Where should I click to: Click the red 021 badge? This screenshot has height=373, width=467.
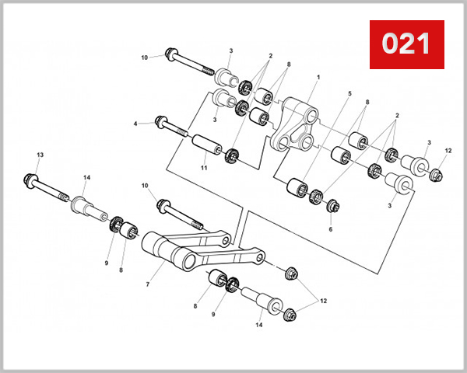coord(406,44)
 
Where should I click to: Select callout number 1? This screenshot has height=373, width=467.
coord(318,78)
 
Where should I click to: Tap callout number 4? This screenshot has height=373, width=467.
coord(135,123)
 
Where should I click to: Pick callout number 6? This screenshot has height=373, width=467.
coord(330,229)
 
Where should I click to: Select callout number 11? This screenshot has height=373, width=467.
coord(203,168)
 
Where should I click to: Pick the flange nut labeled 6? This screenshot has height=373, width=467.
coord(332,207)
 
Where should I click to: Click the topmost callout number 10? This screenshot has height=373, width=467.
coord(145,58)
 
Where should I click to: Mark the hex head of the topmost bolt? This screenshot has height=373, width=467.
coord(171,55)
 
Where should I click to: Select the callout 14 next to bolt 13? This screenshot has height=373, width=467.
coord(87,178)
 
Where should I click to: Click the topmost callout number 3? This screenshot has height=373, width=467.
coord(230,51)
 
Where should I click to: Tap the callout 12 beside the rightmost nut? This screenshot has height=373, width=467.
coord(448,150)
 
